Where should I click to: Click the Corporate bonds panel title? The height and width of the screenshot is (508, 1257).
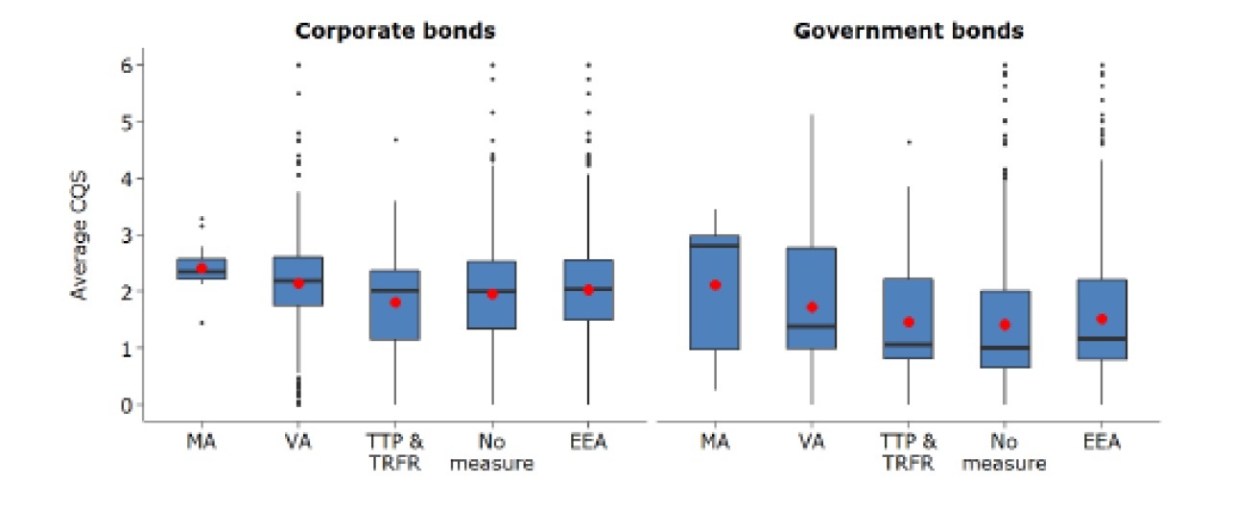[x=394, y=31]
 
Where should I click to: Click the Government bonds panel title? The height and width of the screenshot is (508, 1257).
[x=908, y=31]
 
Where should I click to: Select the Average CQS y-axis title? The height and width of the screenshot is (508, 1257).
[x=82, y=235]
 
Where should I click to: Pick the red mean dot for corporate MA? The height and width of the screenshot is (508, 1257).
[x=202, y=269]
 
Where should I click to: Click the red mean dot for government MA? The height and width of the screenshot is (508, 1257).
[x=715, y=285]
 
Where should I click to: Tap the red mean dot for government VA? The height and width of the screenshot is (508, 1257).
[x=812, y=307]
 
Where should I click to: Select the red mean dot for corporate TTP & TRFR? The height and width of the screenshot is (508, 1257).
[x=394, y=302]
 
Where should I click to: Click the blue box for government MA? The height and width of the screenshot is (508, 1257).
[x=715, y=292]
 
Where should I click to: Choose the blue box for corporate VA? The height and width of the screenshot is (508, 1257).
[x=298, y=281]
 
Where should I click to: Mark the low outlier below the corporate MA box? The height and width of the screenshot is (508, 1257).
[x=202, y=323]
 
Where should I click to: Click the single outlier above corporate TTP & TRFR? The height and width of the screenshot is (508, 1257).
[x=394, y=140]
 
